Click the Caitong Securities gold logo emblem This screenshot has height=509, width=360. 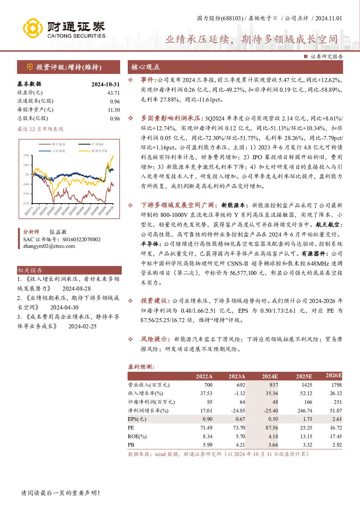pyautogui.click(x=33, y=28)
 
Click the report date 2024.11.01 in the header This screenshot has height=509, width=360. pyautogui.click(x=328, y=19)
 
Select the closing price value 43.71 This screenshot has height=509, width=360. pyautogui.click(x=114, y=93)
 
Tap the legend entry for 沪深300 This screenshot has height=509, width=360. pyautogui.click(x=91, y=144)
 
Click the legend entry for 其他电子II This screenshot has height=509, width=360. pyautogui.click(x=93, y=151)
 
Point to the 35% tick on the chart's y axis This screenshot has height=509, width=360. pyautogui.click(x=26, y=155)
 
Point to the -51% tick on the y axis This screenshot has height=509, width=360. pyautogui.click(x=26, y=204)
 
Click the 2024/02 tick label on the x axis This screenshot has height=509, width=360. pyautogui.click(x=50, y=211)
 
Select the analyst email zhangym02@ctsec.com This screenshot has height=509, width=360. pyautogui.click(x=49, y=246)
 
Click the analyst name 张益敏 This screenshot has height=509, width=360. pyautogui.click(x=58, y=232)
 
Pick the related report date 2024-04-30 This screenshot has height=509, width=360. pyautogui.click(x=64, y=307)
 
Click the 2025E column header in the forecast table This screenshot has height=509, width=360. pyautogui.click(x=304, y=377)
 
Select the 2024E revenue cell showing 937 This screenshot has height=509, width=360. pyautogui.click(x=274, y=385)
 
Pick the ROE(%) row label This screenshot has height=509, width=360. pyautogui.click(x=137, y=436)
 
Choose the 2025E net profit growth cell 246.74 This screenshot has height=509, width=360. pyautogui.click(x=305, y=411)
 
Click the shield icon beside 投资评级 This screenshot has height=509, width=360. pyautogui.click(x=30, y=67)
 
